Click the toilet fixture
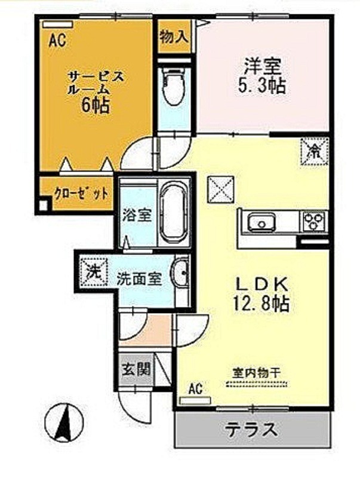pos(174,86)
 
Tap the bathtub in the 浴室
pos(173,213)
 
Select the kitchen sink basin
pos(261,222)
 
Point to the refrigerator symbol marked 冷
pos(315,151)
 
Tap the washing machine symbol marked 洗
pos(94,271)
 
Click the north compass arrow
pos(65,423)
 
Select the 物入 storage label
pos(174,37)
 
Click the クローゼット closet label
pos(81,194)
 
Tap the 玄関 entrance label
pos(136,370)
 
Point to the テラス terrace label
pos(251,429)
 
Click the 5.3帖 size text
pos(261,85)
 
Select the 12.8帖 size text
pos(261,303)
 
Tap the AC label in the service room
pos(57,40)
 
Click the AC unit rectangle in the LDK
pos(195,400)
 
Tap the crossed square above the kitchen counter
pos(221,189)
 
